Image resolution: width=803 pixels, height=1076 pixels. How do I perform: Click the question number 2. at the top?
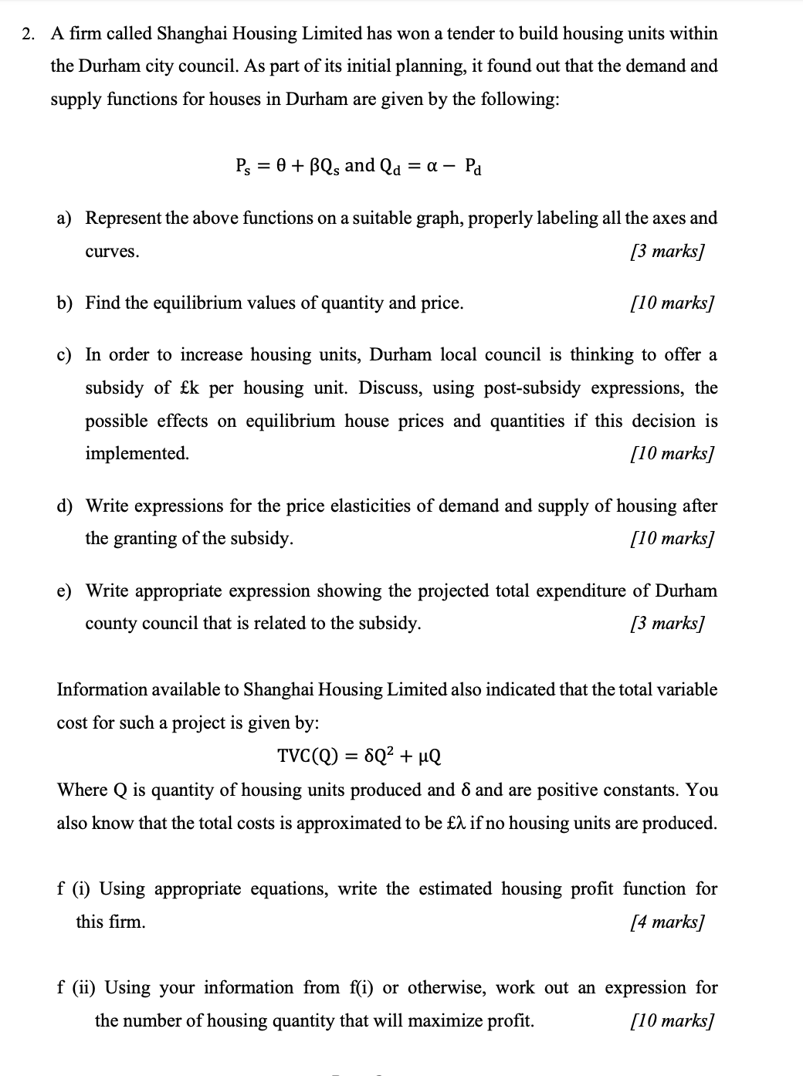coord(29,34)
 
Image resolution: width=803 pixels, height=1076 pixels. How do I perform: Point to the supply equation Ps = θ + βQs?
coord(287,166)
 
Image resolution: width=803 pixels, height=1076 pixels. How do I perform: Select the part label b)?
coord(66,303)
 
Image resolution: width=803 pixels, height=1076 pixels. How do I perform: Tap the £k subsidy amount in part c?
coord(188,388)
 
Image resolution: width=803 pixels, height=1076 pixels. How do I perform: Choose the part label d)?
coord(66,506)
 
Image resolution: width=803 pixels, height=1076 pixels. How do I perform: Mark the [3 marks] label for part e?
coord(667,624)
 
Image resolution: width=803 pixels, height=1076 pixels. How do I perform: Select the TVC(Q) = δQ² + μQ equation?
coord(359,756)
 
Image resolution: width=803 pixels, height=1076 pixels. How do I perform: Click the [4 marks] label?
coord(667,922)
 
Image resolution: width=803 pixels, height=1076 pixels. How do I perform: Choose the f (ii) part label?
coord(78,988)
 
